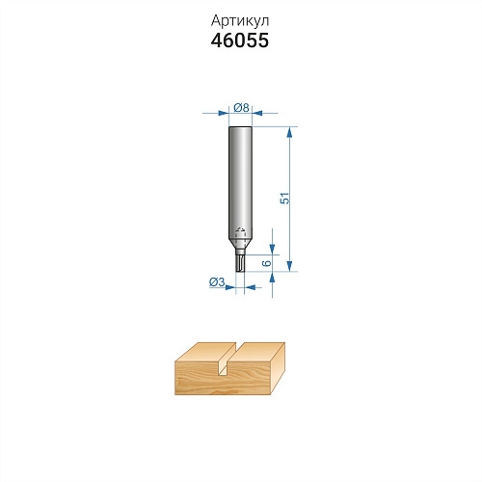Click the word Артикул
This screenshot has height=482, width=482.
pos(240,21)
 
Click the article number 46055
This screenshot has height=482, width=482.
pos(240,40)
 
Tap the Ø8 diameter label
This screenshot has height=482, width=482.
pos(241,107)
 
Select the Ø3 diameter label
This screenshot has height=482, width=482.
pos(217,282)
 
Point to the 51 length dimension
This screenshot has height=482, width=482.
pos(284,199)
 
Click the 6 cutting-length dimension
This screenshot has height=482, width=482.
pos(267,263)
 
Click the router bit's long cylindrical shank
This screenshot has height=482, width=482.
pos(240,181)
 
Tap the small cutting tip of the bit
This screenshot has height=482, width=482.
pos(240,263)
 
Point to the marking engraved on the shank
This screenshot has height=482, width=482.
pos(240,229)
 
